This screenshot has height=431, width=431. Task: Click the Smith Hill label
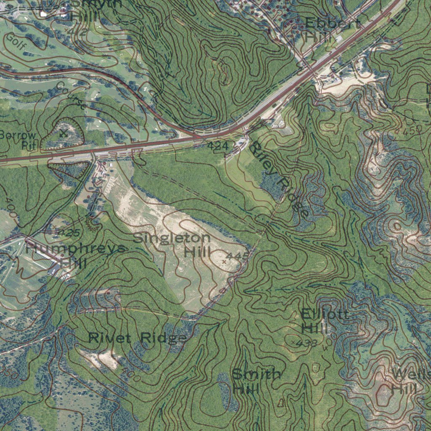[x=255, y=381]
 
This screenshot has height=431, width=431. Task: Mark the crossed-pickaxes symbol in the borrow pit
[x=64, y=133]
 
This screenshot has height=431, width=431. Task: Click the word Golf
[x=15, y=43]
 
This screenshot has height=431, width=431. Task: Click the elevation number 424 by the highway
[x=218, y=146]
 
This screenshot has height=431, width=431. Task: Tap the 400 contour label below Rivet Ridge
[x=130, y=373]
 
